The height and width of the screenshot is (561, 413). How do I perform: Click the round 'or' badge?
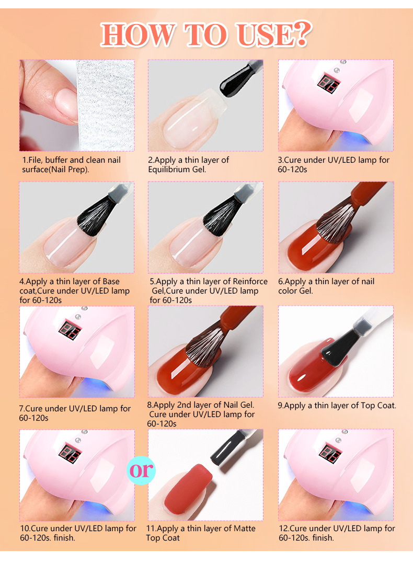[142, 470]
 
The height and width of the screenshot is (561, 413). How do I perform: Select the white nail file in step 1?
[105, 105]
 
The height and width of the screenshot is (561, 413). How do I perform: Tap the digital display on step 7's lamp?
[70, 330]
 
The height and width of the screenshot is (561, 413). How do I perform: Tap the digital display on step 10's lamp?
[70, 453]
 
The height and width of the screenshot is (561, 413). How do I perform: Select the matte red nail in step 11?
[188, 490]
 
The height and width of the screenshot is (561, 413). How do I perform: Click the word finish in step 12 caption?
[323, 538]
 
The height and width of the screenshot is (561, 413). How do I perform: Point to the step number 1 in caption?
[24, 160]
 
